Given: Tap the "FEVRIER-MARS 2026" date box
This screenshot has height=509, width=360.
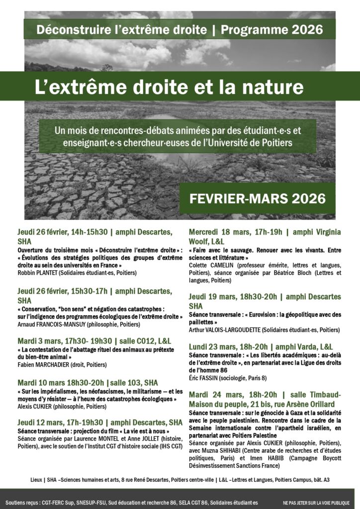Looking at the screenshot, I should tap(258, 198).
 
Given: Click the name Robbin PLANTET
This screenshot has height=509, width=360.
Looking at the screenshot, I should tap(39, 273).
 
